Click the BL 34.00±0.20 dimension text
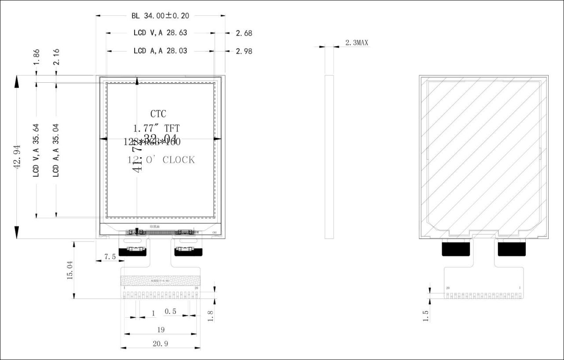(160, 16)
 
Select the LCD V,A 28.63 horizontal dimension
(160, 33)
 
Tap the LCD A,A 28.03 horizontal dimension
(160, 51)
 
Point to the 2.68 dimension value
(244, 33)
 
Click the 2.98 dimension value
(244, 51)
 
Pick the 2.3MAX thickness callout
(356, 43)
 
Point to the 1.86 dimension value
(37, 56)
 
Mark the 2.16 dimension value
(56, 56)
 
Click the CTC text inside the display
(158, 114)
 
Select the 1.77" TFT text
(157, 129)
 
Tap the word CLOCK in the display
(179, 160)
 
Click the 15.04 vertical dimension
(70, 270)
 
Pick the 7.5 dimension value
(109, 257)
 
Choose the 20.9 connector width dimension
(160, 344)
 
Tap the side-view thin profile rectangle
(330, 157)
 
